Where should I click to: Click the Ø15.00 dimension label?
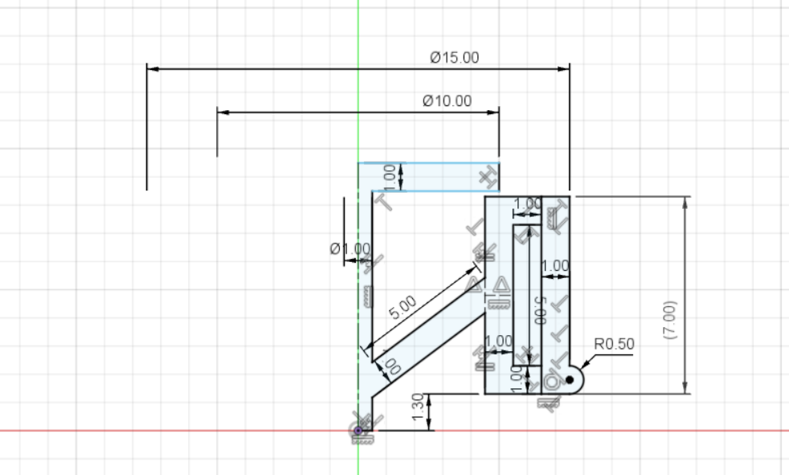(x=454, y=57)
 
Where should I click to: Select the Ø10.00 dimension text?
(x=447, y=100)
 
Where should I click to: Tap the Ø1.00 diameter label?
(x=350, y=248)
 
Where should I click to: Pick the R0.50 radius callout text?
(x=614, y=343)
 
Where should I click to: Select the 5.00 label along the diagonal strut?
(x=403, y=305)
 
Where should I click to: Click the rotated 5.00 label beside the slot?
(x=539, y=309)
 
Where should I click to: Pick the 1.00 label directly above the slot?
(x=527, y=204)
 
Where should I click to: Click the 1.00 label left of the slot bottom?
(x=499, y=341)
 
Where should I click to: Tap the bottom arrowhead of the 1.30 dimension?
(x=431, y=426)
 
